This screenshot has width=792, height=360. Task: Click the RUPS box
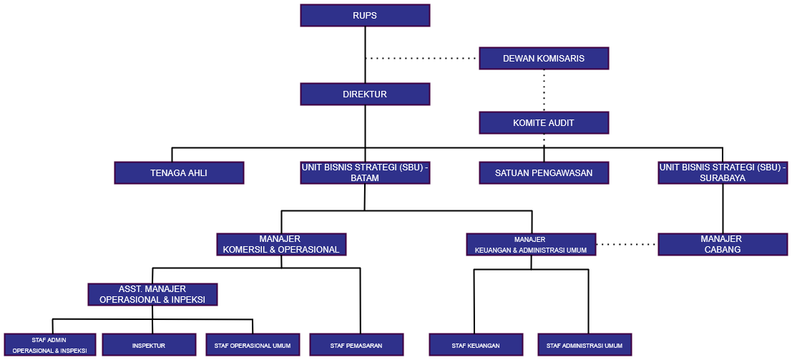(365, 16)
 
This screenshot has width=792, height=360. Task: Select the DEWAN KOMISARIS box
(544, 59)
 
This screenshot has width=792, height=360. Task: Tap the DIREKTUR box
(365, 94)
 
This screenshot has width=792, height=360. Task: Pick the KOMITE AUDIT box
(544, 123)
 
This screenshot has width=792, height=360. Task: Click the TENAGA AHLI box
(179, 173)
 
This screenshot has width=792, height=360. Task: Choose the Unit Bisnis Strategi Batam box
(365, 172)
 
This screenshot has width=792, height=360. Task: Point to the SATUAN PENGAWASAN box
(544, 173)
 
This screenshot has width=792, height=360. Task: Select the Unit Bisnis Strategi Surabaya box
(723, 172)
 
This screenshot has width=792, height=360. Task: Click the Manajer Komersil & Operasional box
(281, 244)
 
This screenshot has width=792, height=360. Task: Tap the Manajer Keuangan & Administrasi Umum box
(530, 245)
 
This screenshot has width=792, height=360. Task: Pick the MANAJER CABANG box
(723, 244)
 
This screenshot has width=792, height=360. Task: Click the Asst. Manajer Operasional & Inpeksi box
(152, 294)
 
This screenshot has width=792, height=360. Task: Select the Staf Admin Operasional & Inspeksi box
(49, 345)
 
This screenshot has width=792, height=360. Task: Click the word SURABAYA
(723, 178)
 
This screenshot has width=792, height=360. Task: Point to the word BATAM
(365, 178)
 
